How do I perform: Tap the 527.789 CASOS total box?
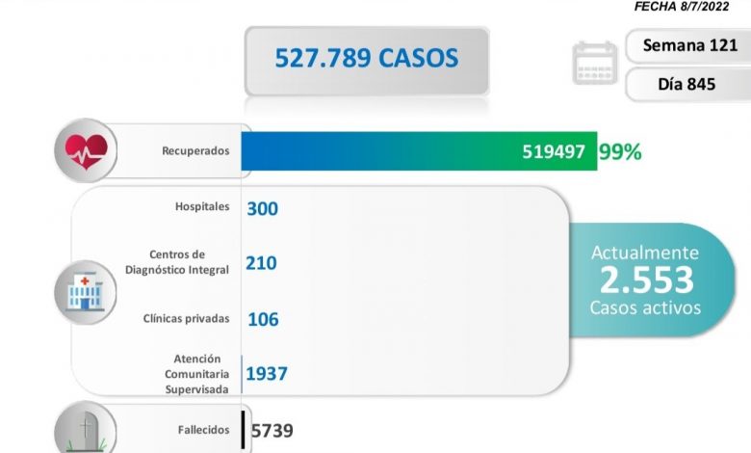[x=367, y=59]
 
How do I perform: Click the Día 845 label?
[x=686, y=84]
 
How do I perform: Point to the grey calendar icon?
[x=594, y=64]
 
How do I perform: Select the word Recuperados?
[x=196, y=151]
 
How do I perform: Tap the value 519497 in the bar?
[x=554, y=151]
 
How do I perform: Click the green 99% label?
[x=620, y=151]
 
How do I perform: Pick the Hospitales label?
[x=202, y=207]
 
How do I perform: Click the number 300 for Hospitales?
[x=262, y=208]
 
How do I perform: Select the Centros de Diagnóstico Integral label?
[x=177, y=262]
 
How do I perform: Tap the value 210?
[x=262, y=262]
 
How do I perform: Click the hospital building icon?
[x=85, y=290]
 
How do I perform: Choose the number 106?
[x=263, y=318]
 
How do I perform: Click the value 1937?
[x=266, y=373]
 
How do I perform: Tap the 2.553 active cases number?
[x=646, y=280]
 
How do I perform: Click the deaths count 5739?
[x=271, y=431]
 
